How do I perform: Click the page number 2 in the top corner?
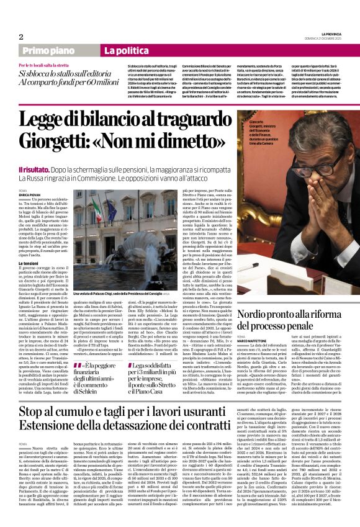[x=21, y=36]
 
